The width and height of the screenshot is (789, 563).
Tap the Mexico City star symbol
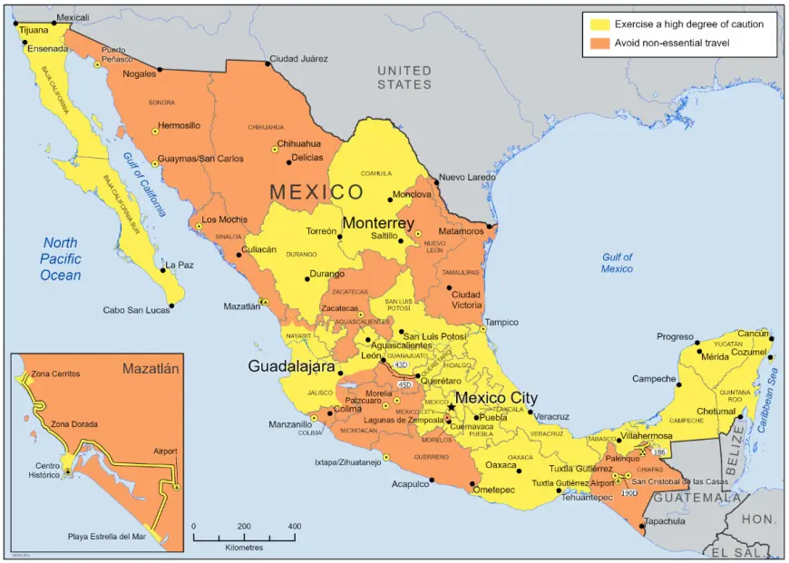[x=452, y=408]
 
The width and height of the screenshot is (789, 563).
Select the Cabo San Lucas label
[x=135, y=310]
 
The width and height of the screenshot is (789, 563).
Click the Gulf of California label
[x=148, y=185]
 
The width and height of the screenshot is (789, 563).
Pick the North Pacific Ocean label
[x=61, y=259]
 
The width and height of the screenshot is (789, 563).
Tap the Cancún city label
[x=753, y=334]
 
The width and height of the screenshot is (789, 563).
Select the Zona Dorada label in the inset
[x=74, y=423]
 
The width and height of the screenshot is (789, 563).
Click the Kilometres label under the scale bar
[x=245, y=548]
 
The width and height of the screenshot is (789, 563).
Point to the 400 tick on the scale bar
[x=294, y=526]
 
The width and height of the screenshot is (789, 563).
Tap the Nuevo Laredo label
[x=468, y=178]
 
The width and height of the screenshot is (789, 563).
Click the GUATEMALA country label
[x=697, y=498]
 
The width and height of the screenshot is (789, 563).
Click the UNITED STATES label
[x=404, y=77]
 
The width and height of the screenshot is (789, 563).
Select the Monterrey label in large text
[x=378, y=223]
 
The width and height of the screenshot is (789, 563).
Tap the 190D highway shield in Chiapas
[x=629, y=493]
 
